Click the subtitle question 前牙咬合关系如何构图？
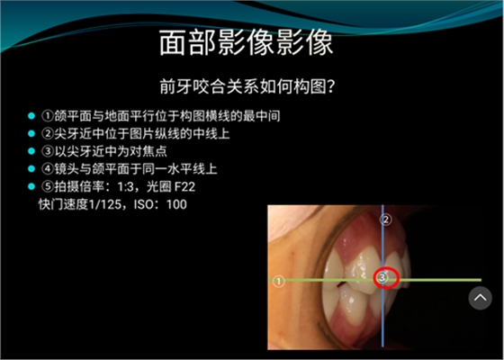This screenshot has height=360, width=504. (252, 87)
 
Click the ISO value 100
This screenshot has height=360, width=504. (176, 204)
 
